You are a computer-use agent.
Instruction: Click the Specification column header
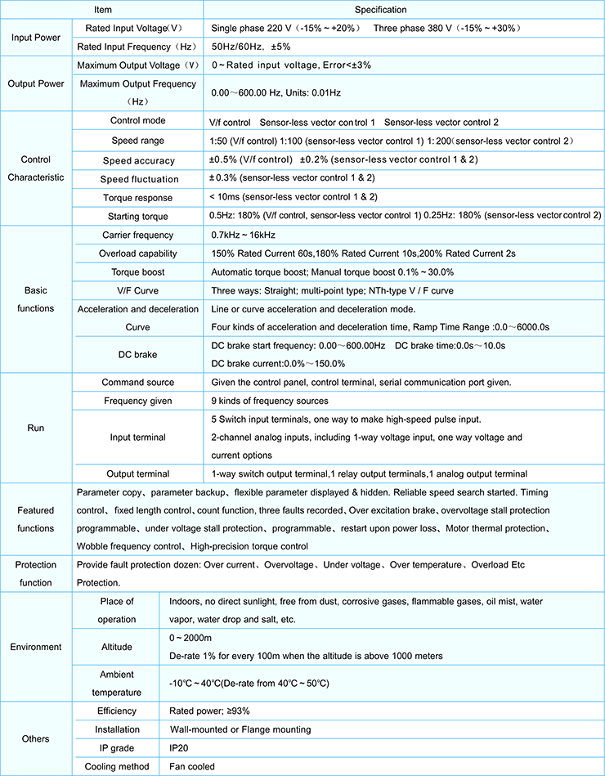click(x=403, y=10)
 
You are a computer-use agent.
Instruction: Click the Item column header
click(x=102, y=10)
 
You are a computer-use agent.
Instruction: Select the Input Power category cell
click(x=35, y=38)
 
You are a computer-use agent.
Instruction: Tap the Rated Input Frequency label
click(x=137, y=47)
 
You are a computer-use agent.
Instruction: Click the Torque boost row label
click(x=137, y=271)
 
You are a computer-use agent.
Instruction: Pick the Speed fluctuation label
click(x=139, y=178)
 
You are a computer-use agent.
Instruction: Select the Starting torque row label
click(x=137, y=216)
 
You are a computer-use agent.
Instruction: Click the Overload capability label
click(x=137, y=253)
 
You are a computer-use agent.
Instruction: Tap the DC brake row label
click(x=137, y=355)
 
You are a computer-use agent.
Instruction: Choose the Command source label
click(x=137, y=382)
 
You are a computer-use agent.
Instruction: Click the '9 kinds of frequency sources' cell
click(x=270, y=401)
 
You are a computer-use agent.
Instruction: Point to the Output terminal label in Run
click(x=137, y=473)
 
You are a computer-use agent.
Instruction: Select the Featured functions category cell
click(x=35, y=519)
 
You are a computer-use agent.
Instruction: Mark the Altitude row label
click(x=117, y=647)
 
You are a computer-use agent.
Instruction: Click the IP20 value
click(x=180, y=748)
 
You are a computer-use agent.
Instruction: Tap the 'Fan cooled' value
click(x=192, y=766)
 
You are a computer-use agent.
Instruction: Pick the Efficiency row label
click(x=117, y=711)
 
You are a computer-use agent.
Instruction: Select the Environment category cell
click(x=35, y=647)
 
